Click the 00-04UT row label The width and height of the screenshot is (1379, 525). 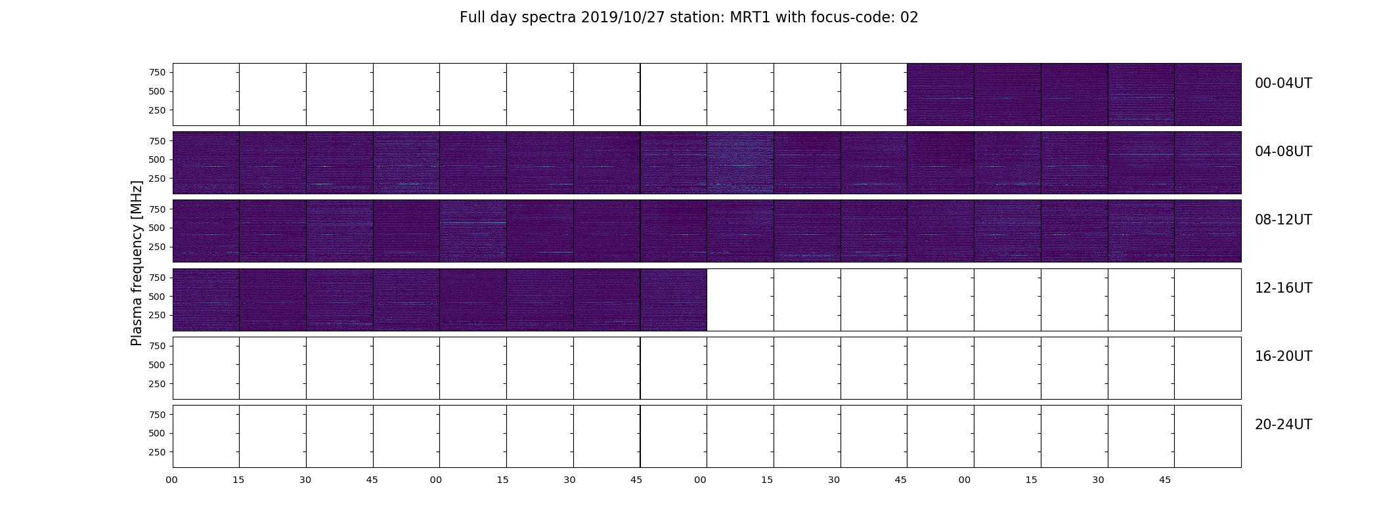(x=1283, y=83)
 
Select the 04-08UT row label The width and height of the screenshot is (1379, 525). (x=1283, y=152)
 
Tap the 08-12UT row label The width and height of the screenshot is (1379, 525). (x=1283, y=220)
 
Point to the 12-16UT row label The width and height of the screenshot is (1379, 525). (x=1283, y=288)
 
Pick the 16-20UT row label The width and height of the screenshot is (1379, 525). (x=1283, y=356)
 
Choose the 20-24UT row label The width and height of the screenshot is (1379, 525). (x=1283, y=425)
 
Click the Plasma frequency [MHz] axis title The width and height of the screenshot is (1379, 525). (x=137, y=263)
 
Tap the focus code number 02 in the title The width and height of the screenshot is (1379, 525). (x=909, y=18)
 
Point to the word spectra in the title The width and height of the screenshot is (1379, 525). (x=549, y=18)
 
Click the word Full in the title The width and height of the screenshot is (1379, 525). (x=472, y=18)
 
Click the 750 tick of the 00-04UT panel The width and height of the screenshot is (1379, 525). (x=157, y=72)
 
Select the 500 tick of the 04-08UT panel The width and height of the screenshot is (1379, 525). (x=157, y=159)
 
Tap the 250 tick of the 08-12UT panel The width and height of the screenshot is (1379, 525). (x=157, y=247)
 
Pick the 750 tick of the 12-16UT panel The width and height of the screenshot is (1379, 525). (x=157, y=278)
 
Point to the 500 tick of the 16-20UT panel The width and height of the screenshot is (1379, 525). (x=157, y=365)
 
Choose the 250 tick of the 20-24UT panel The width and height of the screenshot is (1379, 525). (x=157, y=452)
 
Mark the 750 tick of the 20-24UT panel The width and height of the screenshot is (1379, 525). (x=157, y=415)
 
